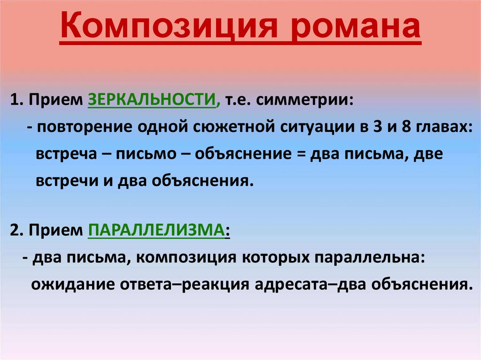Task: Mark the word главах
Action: (443, 128)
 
